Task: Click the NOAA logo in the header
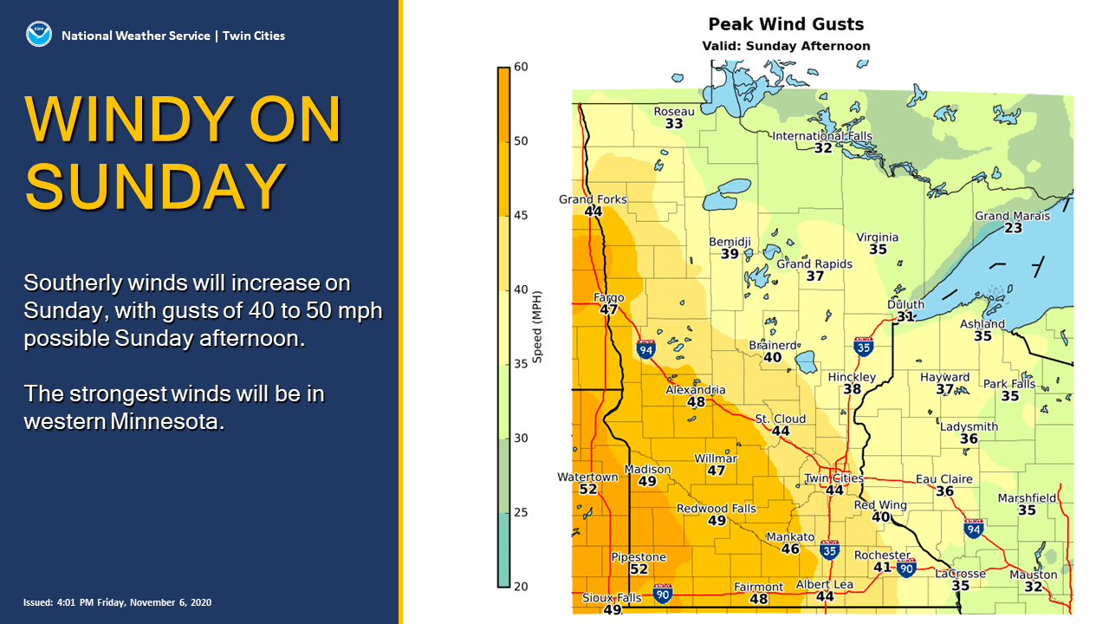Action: point(37,36)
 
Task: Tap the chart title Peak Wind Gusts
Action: point(786,24)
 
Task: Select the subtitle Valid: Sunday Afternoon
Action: point(786,46)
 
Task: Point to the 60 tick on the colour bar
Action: point(520,67)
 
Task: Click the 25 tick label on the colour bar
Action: point(520,512)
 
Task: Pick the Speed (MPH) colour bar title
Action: point(537,326)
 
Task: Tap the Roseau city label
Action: point(674,112)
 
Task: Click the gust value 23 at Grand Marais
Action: point(1013,228)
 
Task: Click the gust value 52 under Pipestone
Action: point(639,569)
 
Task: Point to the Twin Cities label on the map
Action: point(833,478)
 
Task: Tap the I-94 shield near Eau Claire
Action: point(973,529)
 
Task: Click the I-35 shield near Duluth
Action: point(863,347)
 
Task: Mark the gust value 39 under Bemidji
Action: point(730,254)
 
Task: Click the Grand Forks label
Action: point(593,199)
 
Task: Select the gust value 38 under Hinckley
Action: point(853,389)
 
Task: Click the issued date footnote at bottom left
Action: point(117,602)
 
